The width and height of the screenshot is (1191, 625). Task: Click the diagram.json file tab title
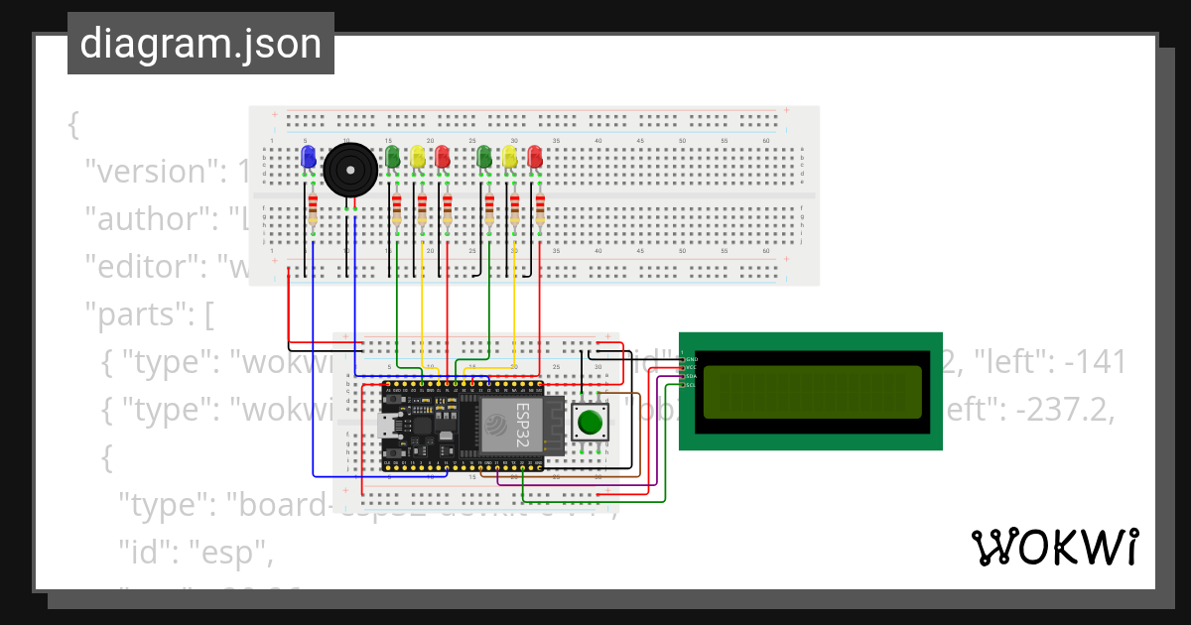[200, 44]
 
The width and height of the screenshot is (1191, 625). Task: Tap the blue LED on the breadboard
[308, 157]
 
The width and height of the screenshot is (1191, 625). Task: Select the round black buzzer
[351, 169]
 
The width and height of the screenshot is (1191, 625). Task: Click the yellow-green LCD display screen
[810, 392]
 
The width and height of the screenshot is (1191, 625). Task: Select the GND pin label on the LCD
[691, 359]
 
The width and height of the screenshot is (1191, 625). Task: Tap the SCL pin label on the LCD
[691, 385]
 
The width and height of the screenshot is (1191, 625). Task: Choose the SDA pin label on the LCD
[691, 376]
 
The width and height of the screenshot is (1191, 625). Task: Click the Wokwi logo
[1054, 548]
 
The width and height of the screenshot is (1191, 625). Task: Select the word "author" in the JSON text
[133, 219]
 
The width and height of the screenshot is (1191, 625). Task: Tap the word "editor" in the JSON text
[133, 267]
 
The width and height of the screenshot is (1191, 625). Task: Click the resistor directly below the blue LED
[313, 210]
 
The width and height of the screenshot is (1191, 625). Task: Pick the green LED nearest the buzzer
[392, 157]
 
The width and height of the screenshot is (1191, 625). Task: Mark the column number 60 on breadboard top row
[765, 142]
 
